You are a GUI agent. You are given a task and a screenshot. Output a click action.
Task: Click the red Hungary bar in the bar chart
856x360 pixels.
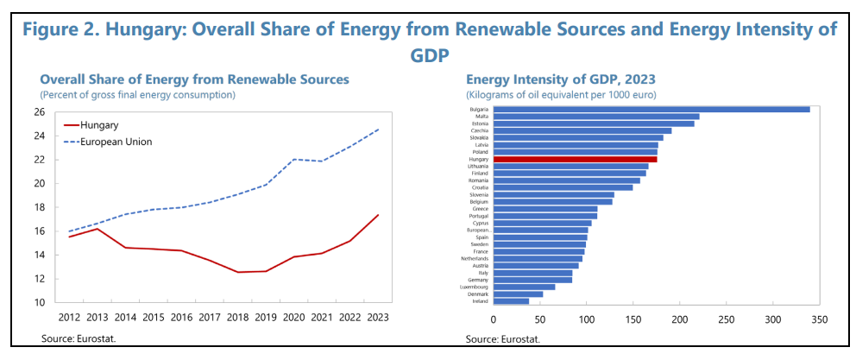(575, 160)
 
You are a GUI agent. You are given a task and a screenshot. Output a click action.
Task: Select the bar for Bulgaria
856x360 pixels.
(651, 110)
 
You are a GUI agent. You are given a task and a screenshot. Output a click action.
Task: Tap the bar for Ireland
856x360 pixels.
(511, 301)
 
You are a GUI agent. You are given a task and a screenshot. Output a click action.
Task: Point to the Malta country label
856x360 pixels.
(481, 117)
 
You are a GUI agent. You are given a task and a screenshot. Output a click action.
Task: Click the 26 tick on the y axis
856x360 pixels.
(39, 111)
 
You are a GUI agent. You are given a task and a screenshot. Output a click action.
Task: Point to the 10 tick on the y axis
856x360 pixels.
(39, 302)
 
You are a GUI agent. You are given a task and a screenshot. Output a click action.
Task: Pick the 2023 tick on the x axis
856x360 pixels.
(378, 318)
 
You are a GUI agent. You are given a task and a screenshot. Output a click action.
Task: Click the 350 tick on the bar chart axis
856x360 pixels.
(819, 319)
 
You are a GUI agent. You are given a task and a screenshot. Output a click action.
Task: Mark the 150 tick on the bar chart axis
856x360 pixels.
(633, 319)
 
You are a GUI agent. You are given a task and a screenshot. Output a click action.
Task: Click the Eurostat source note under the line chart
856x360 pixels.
(79, 338)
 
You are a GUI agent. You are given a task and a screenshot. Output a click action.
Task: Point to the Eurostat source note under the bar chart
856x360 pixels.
(503, 338)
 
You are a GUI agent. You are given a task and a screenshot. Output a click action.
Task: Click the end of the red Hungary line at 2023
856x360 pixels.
(378, 215)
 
